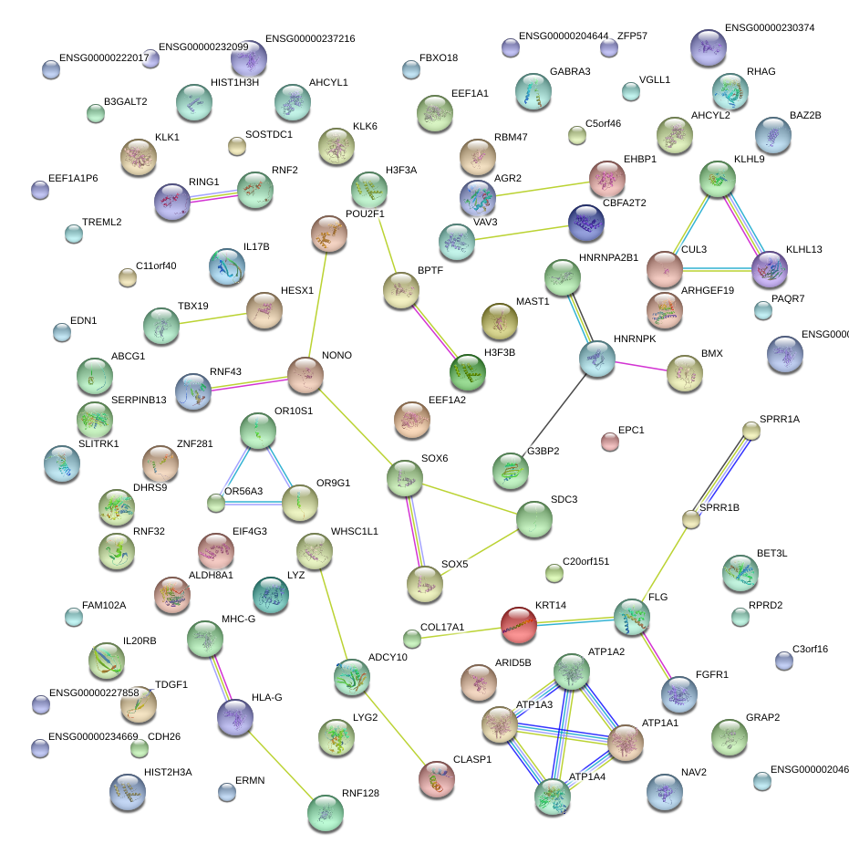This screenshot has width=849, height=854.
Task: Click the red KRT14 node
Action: pos(519,624)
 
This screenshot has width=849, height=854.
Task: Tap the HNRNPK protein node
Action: pos(596,359)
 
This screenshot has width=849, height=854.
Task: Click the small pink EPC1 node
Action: pos(610,443)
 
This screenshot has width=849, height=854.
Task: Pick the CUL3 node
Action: pos(665,267)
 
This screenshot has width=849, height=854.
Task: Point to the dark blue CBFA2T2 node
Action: pos(585,223)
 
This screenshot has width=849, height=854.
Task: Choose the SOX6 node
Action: pos(405,477)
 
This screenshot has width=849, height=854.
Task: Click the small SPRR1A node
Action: pos(751,430)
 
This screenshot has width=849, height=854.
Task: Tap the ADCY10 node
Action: pos(352,676)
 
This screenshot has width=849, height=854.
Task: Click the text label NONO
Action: pos(336,355)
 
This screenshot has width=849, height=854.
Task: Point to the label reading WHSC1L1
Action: pos(355,531)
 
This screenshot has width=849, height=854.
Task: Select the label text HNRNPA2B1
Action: pos(608,257)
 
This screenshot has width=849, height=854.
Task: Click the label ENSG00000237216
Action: pos(310,39)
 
